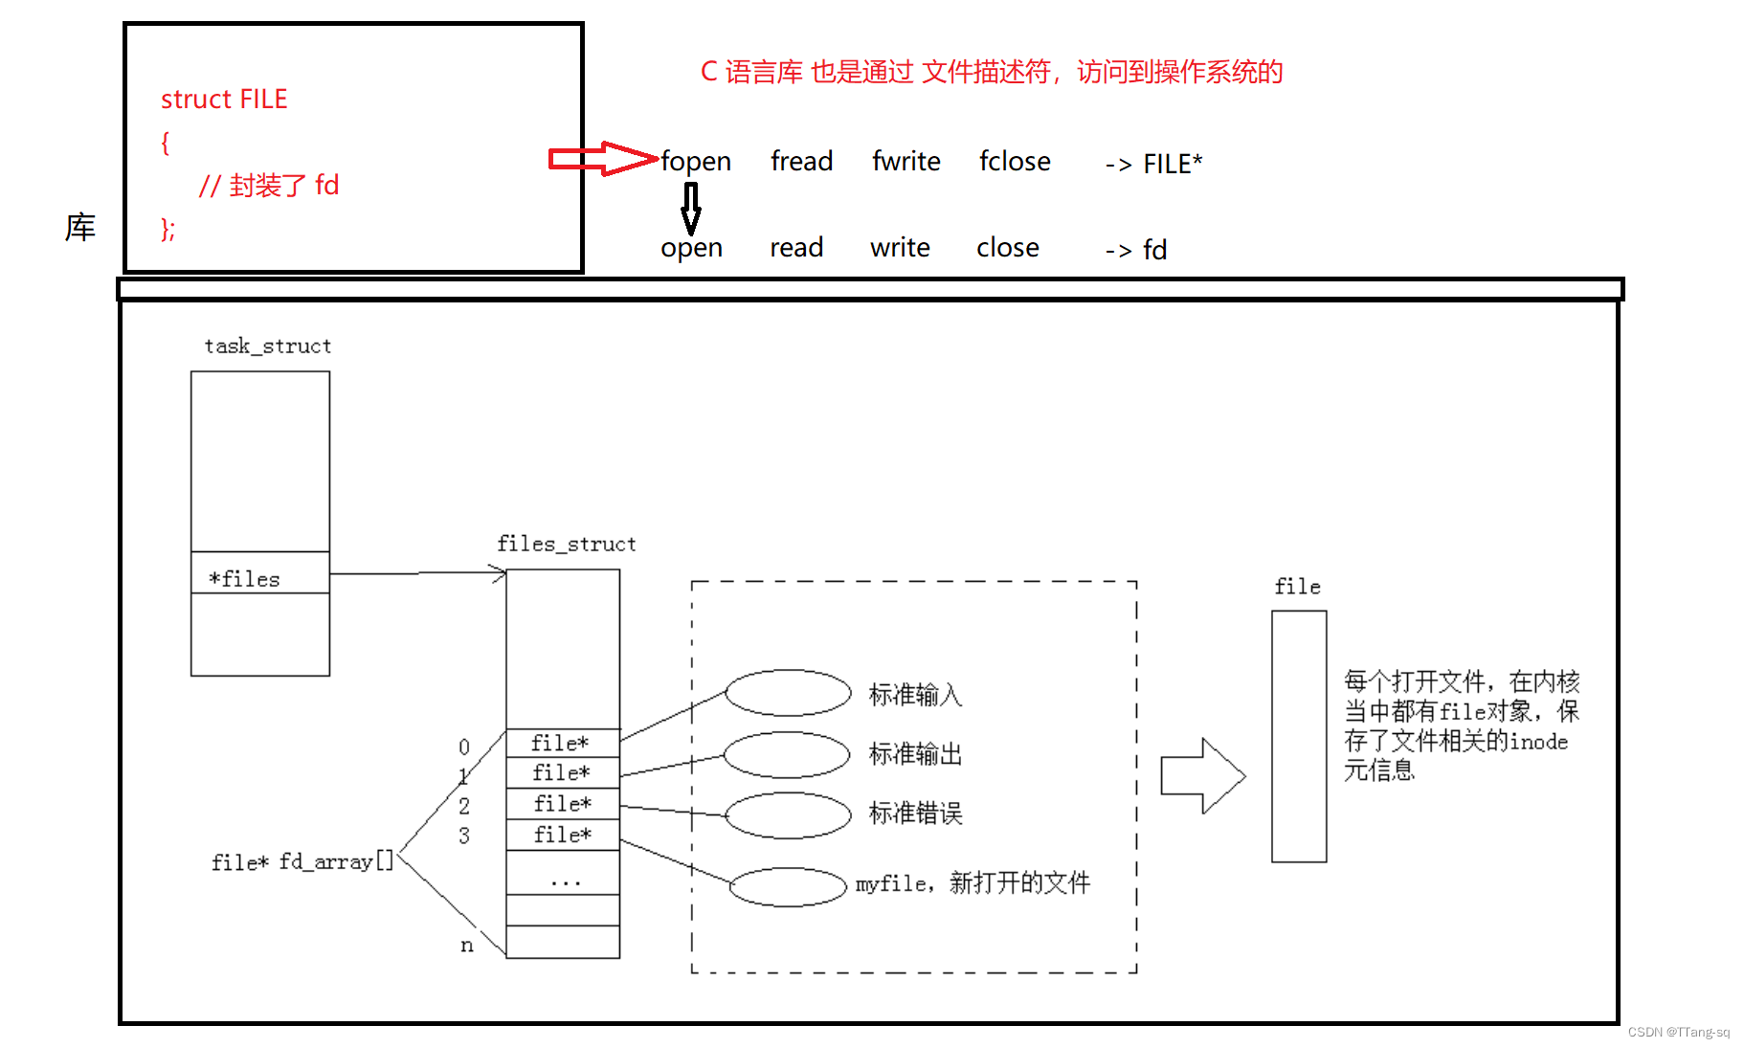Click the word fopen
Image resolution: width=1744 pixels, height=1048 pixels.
click(696, 162)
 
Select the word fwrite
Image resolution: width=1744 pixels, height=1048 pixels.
click(906, 162)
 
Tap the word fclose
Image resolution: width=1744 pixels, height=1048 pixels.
click(1015, 162)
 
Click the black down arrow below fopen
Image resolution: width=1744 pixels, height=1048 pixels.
click(690, 208)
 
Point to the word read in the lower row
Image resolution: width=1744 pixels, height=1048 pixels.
click(796, 248)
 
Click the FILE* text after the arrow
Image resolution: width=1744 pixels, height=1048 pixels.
click(1173, 164)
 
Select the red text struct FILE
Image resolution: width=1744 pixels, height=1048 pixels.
click(224, 100)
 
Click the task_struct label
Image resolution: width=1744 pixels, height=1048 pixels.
click(268, 346)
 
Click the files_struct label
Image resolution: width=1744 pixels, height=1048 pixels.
click(566, 544)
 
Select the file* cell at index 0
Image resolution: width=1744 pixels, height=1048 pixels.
click(562, 743)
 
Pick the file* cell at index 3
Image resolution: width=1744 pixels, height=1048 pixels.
click(562, 835)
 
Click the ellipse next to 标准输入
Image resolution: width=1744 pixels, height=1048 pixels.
click(788, 693)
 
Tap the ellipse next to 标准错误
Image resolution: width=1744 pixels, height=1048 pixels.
click(788, 815)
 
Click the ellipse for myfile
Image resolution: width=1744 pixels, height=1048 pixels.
click(788, 886)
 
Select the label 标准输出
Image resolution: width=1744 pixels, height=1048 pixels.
click(915, 754)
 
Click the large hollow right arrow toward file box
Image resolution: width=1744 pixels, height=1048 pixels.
click(1202, 775)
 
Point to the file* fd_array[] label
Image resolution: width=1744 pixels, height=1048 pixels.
click(302, 861)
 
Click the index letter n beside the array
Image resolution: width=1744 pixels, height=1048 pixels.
click(466, 946)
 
